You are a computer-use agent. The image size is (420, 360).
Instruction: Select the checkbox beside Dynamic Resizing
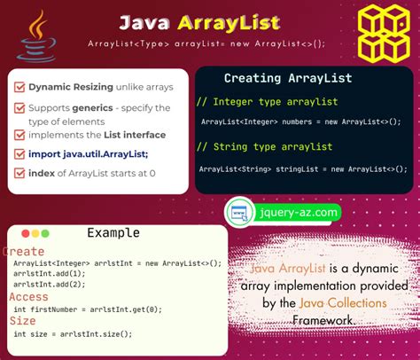19,88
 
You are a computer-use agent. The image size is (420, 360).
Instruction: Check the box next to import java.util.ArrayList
19,153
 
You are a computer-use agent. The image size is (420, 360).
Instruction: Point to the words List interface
132,135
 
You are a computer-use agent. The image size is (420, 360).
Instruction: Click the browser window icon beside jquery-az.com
237,213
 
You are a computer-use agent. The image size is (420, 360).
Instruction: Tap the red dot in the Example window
23,233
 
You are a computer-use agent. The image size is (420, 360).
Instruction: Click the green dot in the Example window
46,233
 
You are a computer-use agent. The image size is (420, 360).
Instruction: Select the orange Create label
24,251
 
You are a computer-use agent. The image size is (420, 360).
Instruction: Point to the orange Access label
28,297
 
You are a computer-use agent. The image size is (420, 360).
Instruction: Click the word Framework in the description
327,320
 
